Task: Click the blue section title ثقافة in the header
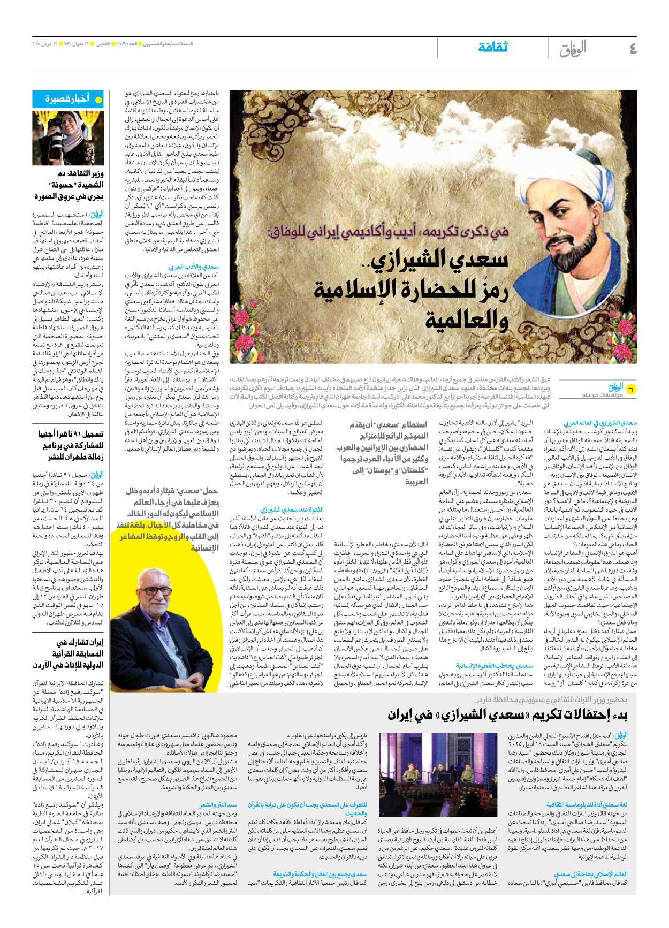[492, 48]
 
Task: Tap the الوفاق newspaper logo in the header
[573, 49]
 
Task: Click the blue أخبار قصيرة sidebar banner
[68, 100]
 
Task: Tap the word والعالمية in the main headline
[466, 321]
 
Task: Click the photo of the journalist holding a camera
[68, 138]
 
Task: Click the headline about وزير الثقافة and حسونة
[70, 185]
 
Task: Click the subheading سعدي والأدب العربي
[194, 267]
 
